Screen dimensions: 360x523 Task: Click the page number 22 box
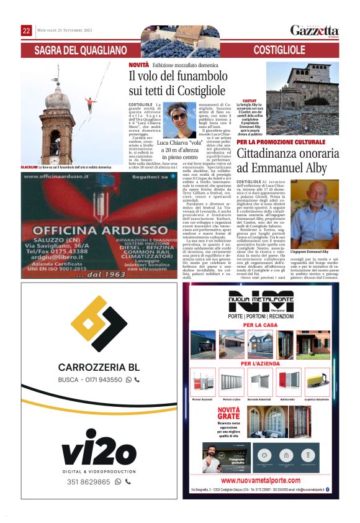coord(27,30)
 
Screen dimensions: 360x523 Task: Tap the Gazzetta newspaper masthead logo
coord(314,31)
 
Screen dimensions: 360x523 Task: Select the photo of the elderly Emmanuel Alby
coord(316,216)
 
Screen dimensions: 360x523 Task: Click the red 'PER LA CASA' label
coord(261,325)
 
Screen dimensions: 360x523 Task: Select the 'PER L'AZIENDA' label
coord(261,363)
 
